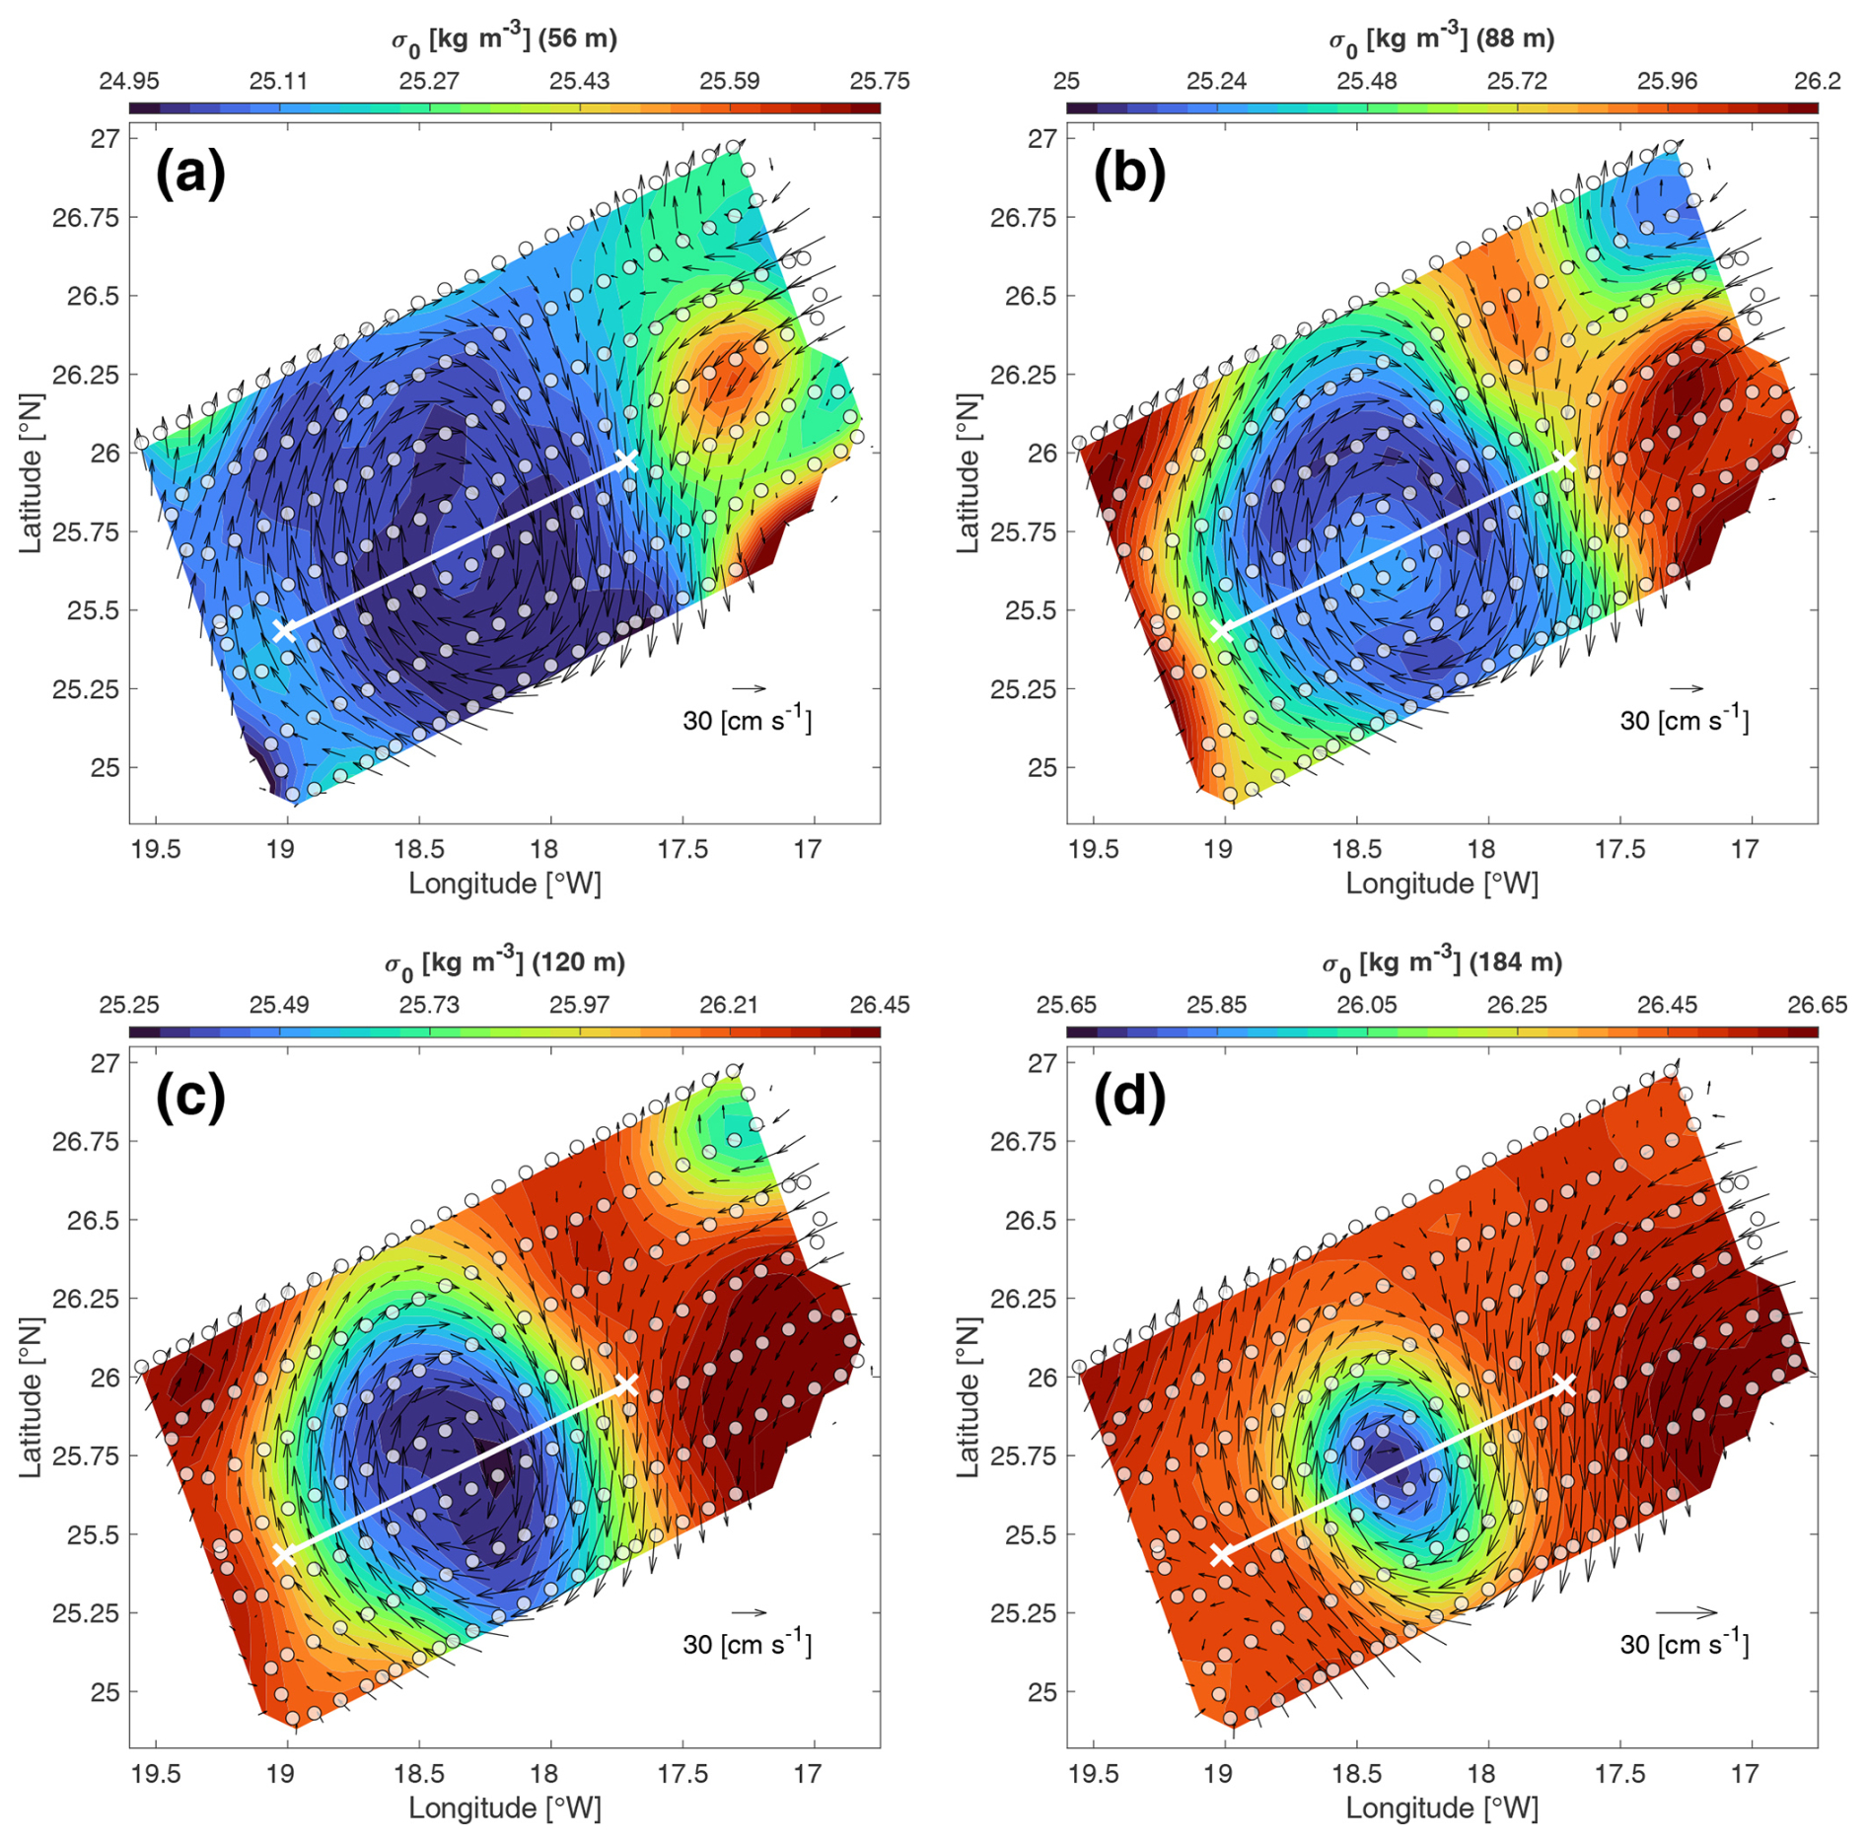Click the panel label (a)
tap(190, 174)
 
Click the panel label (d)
tap(1129, 1098)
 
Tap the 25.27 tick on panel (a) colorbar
tap(429, 81)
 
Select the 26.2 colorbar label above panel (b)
tap(1817, 81)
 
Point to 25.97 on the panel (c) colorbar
tap(579, 1005)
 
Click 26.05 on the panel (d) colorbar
tap(1366, 1005)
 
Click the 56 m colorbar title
tap(504, 39)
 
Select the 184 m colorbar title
tap(1442, 963)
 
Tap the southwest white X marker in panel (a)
tap(284, 630)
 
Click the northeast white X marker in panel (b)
tap(1564, 461)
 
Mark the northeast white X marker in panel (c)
tap(626, 1384)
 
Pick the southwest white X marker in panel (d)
tap(1222, 1554)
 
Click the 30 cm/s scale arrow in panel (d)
tap(1687, 1612)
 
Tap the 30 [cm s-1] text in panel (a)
tap(747, 721)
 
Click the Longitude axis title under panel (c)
tap(504, 1808)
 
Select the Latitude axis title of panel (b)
tap(968, 473)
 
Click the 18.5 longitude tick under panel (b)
tap(1357, 849)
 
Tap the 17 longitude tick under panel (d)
tap(1746, 1773)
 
